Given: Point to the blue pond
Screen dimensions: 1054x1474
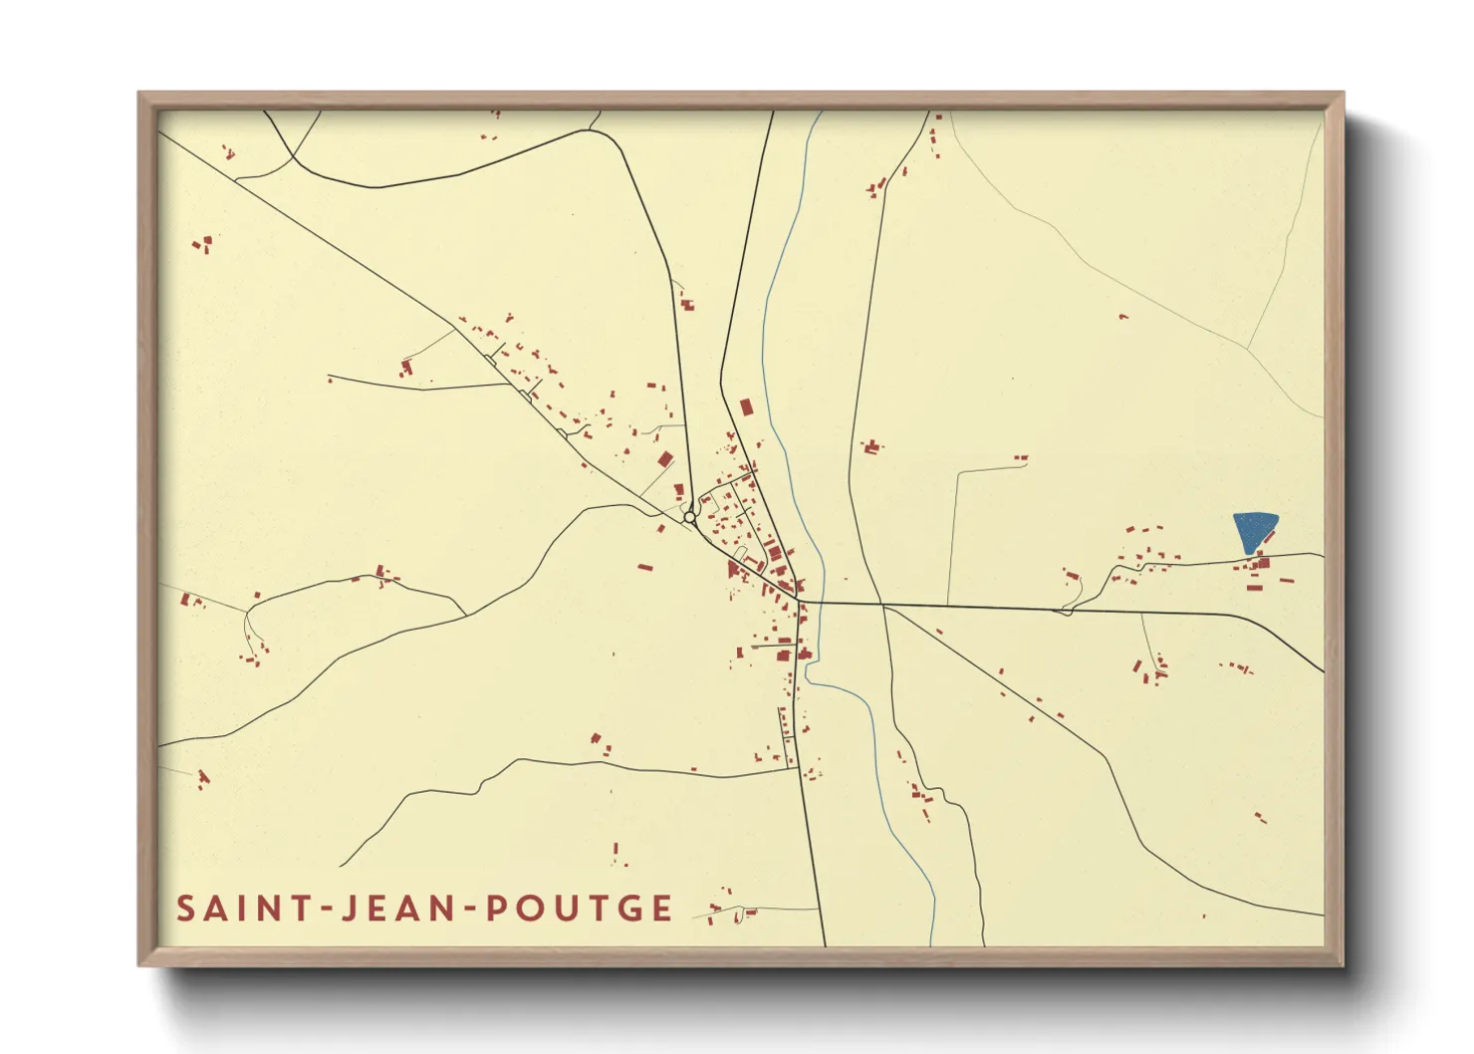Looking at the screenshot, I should [x=1254, y=530].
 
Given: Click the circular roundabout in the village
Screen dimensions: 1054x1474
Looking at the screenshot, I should [x=689, y=517].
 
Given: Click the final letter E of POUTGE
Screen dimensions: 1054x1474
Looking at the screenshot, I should [x=661, y=909].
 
